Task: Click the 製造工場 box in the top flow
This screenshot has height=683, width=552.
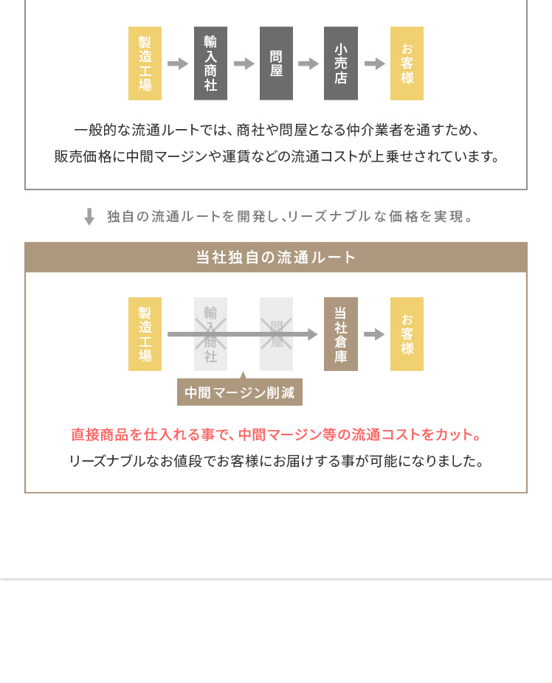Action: (145, 63)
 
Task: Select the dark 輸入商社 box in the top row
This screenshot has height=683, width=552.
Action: (210, 63)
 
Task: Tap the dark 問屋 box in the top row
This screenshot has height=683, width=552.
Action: (276, 63)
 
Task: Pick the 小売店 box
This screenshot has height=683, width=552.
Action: (340, 63)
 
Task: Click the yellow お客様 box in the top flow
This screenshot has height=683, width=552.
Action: (407, 63)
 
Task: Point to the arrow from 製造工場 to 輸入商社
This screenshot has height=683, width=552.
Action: (178, 63)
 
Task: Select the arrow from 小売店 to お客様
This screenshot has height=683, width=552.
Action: (375, 63)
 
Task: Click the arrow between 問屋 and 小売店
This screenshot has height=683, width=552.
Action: (308, 63)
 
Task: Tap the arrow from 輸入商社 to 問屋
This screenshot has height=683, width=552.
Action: (244, 63)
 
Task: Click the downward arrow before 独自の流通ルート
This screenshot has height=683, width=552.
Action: (89, 216)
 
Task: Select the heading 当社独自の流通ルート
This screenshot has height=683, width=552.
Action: (276, 257)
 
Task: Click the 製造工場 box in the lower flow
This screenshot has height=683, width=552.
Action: (145, 334)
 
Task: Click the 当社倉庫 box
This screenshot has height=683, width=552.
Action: (340, 334)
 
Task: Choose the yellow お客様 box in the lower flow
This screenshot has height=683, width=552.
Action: (407, 334)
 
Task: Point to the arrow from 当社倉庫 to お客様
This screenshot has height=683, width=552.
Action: (374, 334)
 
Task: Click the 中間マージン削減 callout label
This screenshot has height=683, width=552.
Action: (240, 392)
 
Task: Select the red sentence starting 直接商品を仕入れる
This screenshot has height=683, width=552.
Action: (276, 434)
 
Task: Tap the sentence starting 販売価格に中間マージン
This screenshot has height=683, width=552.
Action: (276, 156)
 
